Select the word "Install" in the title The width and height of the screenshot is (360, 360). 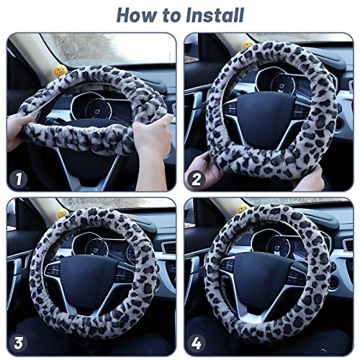[x=215, y=15]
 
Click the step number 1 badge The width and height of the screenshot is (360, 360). [x=19, y=179]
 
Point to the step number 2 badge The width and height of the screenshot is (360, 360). [x=197, y=179]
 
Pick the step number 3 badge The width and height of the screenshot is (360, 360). [x=19, y=344]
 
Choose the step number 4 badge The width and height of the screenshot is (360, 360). [x=197, y=344]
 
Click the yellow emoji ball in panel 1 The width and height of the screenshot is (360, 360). [x=60, y=71]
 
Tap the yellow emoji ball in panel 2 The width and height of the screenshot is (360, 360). [x=248, y=44]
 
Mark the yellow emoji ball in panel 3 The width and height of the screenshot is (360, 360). [x=63, y=213]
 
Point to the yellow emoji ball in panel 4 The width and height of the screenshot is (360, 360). [x=243, y=209]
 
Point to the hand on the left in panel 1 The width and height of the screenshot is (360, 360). [x=19, y=132]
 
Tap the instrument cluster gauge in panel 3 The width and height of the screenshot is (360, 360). [x=96, y=248]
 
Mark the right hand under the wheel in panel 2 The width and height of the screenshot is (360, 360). [x=308, y=179]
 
